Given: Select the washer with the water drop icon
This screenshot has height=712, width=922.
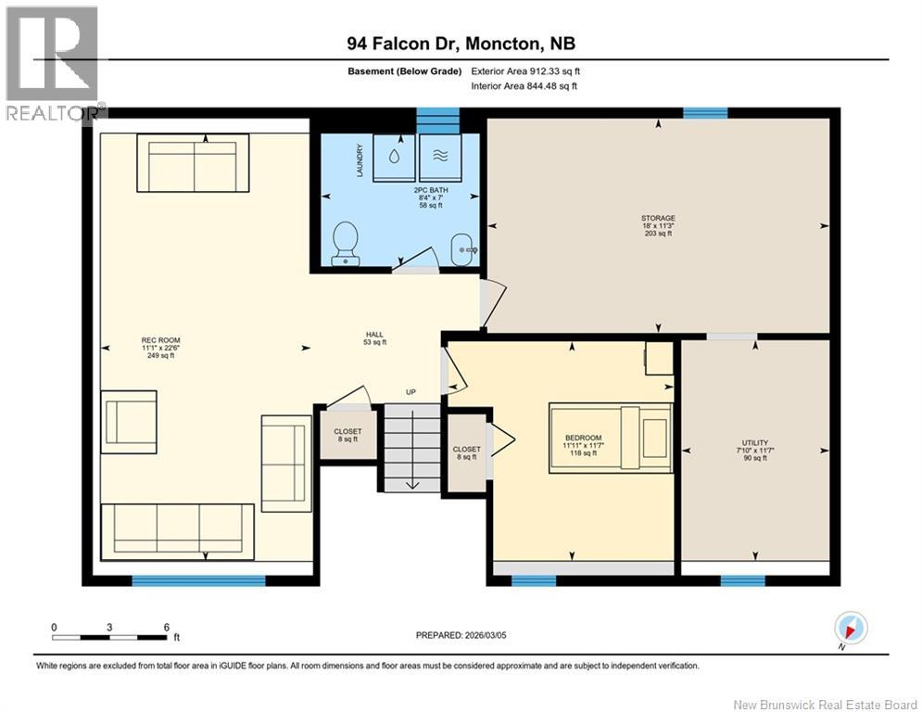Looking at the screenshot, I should pos(394,158).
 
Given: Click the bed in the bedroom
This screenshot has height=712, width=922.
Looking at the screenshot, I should pos(610,437).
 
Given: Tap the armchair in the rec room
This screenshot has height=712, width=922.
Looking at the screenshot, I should pos(130,422).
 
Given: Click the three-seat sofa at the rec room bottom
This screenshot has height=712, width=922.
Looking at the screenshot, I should pos(177,531).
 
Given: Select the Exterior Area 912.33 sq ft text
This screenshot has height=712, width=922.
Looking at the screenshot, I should pos(525,70).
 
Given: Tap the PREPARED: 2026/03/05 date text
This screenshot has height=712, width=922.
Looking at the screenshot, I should pos(460,635).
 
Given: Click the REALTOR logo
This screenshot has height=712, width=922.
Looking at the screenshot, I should pos(53,63).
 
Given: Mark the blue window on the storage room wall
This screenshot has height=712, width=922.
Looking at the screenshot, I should pos(705,113).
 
